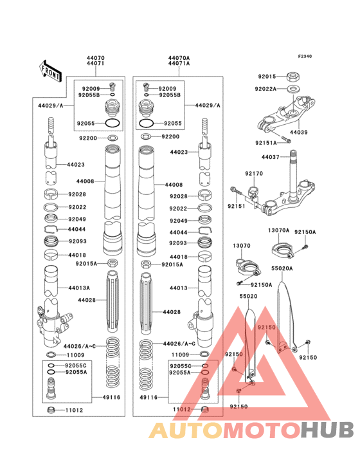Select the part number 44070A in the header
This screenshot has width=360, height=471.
coord(179,58)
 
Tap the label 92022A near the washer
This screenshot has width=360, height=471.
coord(265,89)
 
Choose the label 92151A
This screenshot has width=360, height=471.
coord(265,142)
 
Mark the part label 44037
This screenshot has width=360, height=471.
coord(271,156)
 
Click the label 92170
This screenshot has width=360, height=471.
coord(253,174)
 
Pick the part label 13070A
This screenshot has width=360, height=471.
coord(278,230)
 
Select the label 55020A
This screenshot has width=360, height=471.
coord(282,268)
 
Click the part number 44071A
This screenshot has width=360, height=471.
coord(179,64)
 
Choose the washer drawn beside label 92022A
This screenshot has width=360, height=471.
coord(292,89)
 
